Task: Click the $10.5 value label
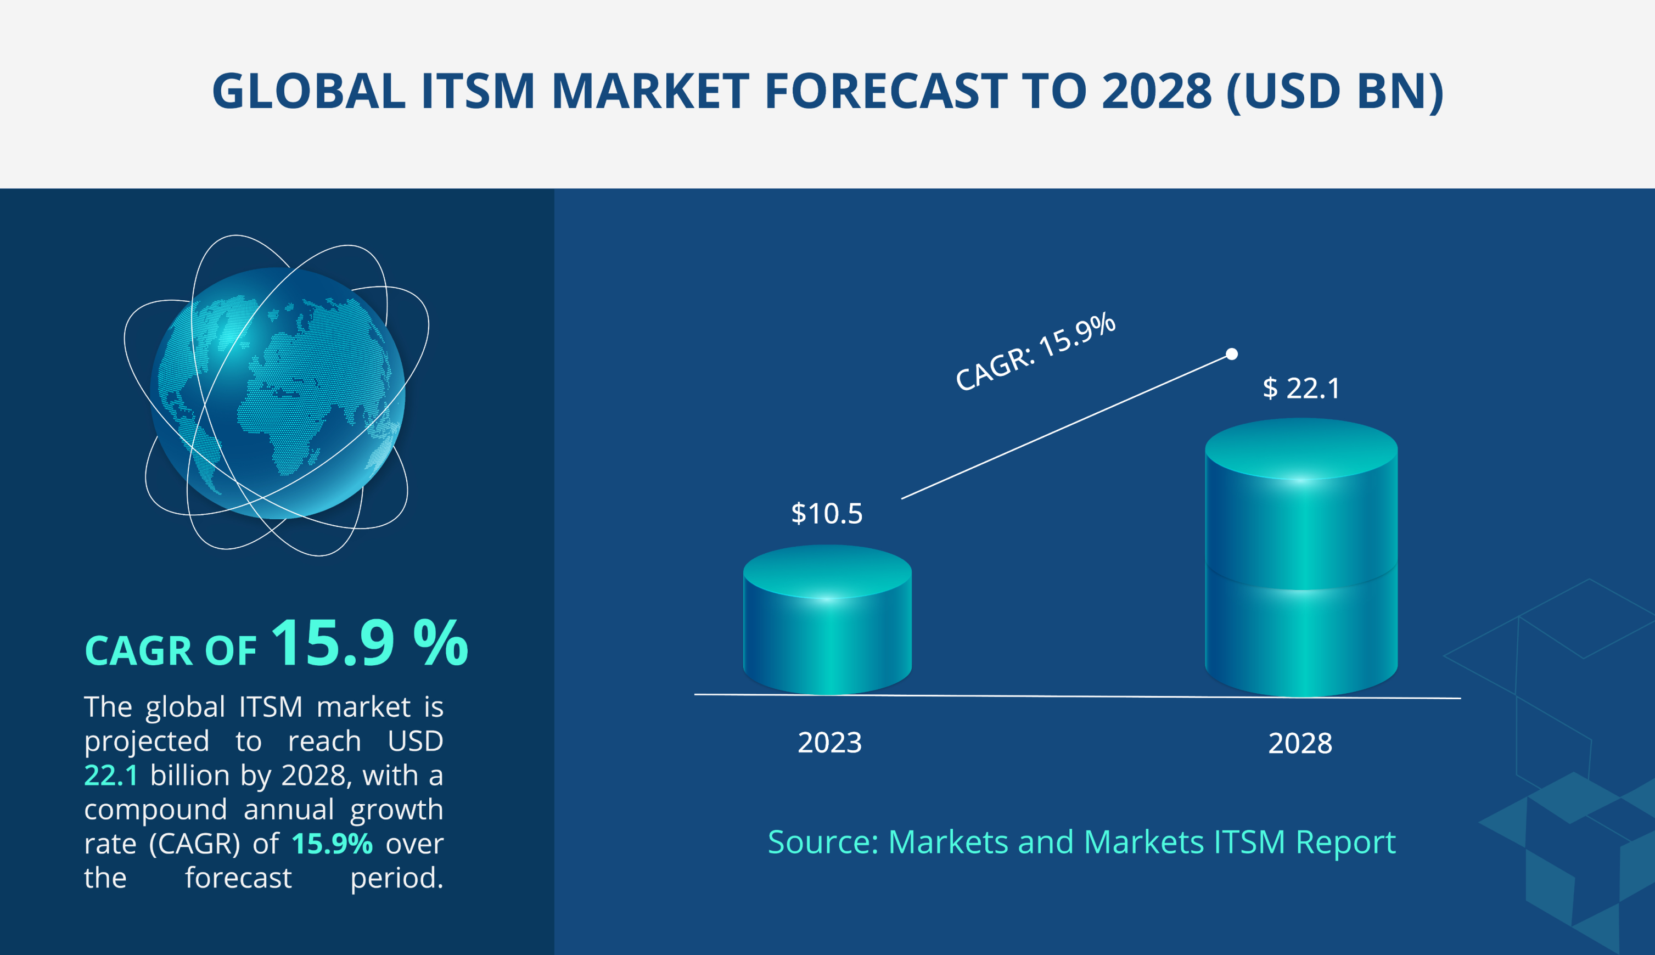pos(827,514)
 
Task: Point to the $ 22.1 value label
pos(1301,388)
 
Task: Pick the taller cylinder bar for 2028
pos(1301,564)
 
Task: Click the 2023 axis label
pos(829,743)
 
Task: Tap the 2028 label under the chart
pos(1300,744)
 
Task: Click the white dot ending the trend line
pos(1232,354)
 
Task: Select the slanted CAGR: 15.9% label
pos(1035,352)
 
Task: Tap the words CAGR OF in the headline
pos(171,651)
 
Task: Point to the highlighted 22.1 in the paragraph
pos(111,776)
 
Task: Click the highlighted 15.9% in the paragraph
pos(332,844)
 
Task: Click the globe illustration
pos(277,394)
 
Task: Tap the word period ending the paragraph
pos(396,878)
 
